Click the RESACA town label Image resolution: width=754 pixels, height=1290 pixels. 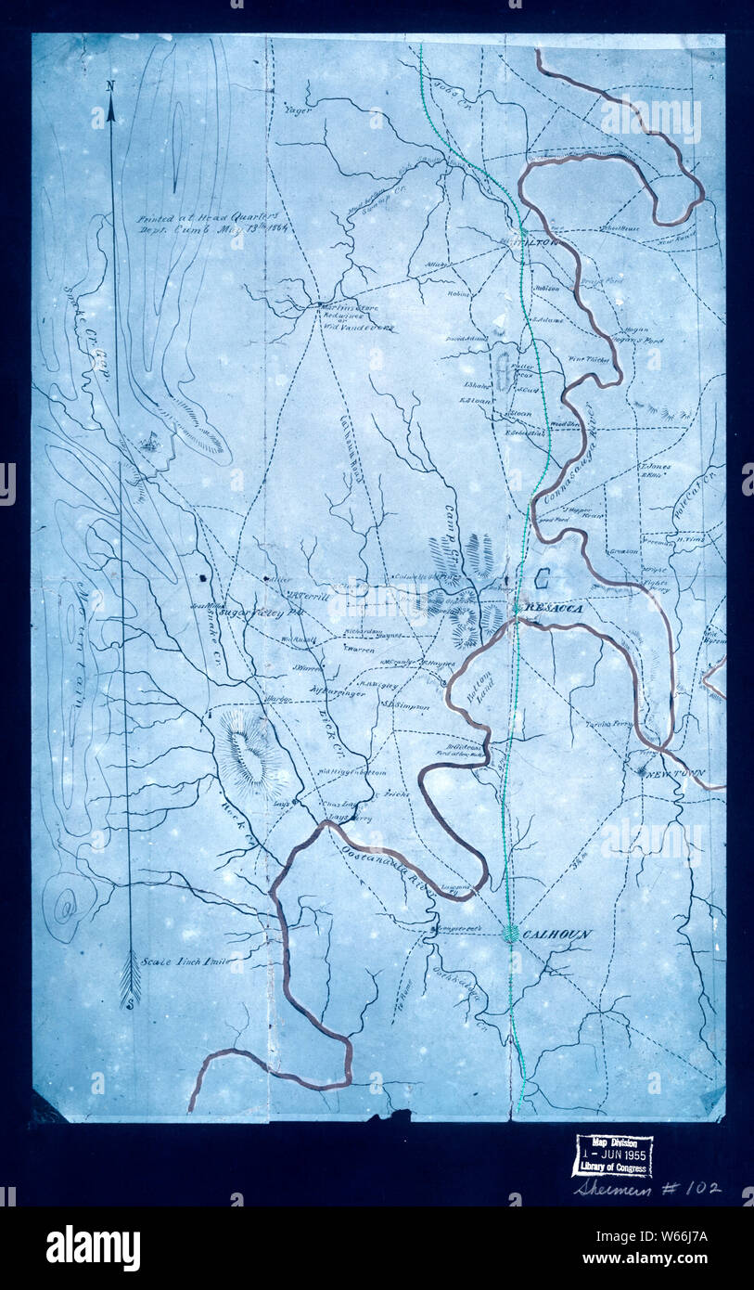(555, 607)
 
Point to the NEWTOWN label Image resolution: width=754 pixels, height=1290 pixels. (676, 774)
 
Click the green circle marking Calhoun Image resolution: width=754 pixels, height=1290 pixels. (510, 934)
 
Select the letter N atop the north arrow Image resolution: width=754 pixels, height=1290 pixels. (110, 86)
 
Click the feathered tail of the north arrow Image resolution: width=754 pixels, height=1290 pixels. (130, 980)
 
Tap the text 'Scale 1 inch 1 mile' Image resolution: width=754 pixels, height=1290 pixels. (185, 961)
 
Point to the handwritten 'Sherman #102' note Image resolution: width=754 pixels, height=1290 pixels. (645, 1187)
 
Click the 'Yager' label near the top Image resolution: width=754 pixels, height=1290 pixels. (298, 110)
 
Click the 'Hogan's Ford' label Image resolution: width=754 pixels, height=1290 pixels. (642, 340)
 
